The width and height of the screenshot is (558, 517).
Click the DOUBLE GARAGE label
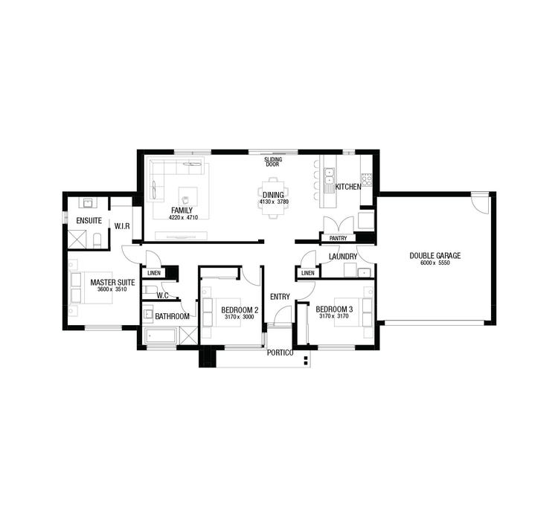(434, 256)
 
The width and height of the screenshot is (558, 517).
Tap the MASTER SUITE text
(112, 283)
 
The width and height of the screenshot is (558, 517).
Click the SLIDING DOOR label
(272, 161)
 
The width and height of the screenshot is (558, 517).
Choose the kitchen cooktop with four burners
(366, 179)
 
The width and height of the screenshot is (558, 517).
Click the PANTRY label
(339, 239)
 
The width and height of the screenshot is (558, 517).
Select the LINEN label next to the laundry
(307, 274)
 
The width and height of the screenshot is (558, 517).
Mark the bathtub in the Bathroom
(160, 336)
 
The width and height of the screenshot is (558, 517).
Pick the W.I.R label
(121, 226)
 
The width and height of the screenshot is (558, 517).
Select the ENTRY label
(280, 297)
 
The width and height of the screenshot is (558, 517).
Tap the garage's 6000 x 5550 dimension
(434, 264)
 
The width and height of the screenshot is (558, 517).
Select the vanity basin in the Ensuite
(87, 203)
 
